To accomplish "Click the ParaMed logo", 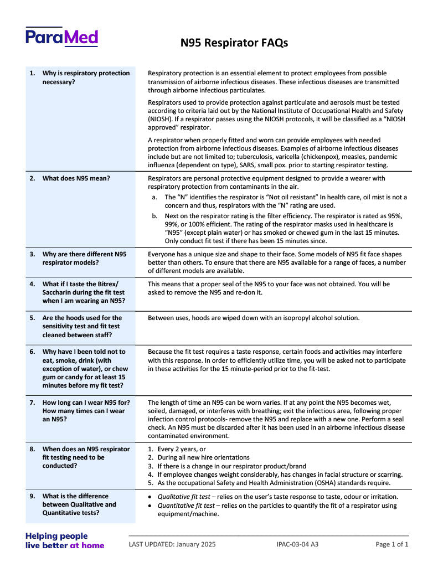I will (61, 37).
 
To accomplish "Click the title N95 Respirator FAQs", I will (234, 43).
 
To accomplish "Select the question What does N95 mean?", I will (76, 178).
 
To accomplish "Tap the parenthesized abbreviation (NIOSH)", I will (161, 119).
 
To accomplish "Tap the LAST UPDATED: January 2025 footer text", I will (172, 544).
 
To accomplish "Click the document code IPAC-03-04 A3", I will (297, 544).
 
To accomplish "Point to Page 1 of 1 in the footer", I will (391, 544).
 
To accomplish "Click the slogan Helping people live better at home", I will (64, 540).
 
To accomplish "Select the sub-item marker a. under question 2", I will (154, 197).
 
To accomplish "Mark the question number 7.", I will (33, 403).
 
